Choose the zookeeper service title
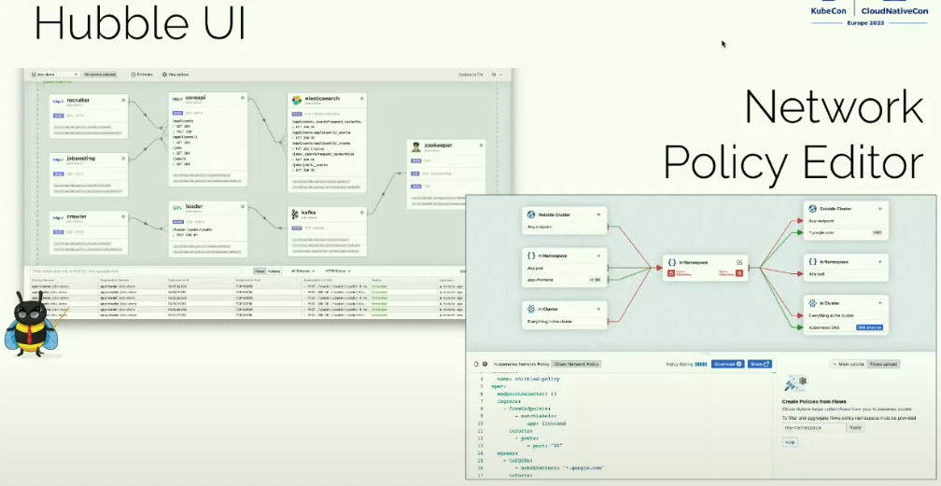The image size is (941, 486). [442, 146]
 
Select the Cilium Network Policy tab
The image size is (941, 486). [576, 364]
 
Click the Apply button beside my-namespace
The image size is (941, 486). [855, 426]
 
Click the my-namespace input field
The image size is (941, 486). [812, 426]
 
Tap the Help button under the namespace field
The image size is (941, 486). [790, 441]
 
